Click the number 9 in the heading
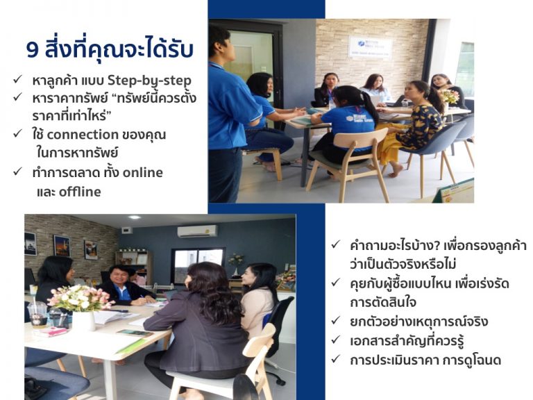point(33,50)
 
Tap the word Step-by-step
point(150,81)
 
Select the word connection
point(83,135)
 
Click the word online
point(142,172)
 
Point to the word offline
point(80,192)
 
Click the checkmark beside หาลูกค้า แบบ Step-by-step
point(17,80)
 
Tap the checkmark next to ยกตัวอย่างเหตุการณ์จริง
point(335,320)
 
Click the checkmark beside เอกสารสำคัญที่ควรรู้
point(335,340)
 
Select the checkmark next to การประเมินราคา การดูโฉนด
point(335,359)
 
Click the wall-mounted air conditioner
point(197,231)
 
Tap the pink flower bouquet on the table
point(80,299)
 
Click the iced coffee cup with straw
point(37,314)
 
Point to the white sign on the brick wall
point(370,47)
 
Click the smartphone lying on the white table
point(135,333)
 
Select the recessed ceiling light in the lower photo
point(135,217)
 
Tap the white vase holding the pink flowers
point(83,321)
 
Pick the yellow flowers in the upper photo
point(450,97)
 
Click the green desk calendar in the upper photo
point(454,192)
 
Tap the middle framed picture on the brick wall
point(62,246)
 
